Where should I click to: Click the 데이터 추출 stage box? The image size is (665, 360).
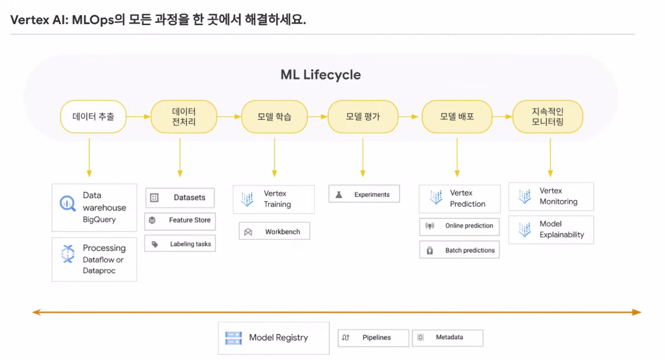[93, 116]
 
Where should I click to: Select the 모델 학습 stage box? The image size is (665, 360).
[274, 117]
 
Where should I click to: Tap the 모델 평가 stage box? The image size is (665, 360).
[363, 117]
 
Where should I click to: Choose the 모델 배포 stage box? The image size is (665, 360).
[457, 117]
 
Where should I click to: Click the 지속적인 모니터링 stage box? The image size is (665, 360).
[547, 117]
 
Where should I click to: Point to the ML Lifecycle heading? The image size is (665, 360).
[320, 75]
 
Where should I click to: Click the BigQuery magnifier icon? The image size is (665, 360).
[68, 204]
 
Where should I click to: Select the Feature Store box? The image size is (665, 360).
[180, 221]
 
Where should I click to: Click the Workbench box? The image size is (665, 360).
[274, 231]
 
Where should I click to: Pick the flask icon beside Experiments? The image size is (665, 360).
[339, 194]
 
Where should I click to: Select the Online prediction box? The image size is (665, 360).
[459, 226]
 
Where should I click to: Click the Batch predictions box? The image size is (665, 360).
[459, 251]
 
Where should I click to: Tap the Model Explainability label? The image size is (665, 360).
[562, 229]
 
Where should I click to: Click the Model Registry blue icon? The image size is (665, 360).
[234, 338]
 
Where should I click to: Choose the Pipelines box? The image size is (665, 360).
[373, 338]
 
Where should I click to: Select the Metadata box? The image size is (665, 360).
[447, 338]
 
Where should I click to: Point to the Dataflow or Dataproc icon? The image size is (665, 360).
[68, 254]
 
